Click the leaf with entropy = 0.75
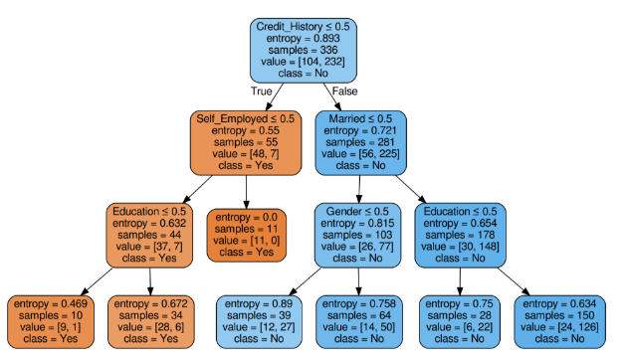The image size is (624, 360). coord(453,320)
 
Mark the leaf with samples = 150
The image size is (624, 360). coord(561,320)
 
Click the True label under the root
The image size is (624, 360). coord(261,90)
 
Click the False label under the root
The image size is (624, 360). coord(346,90)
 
